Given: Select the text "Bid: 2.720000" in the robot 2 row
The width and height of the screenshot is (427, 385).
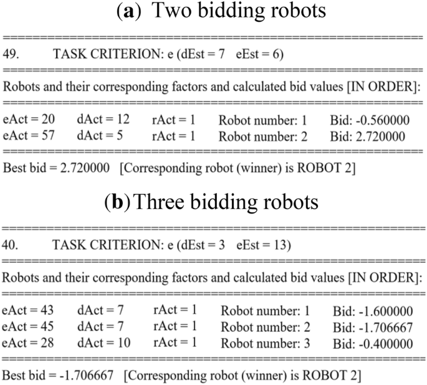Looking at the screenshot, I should [x=368, y=135].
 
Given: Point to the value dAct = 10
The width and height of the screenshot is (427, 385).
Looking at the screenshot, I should [x=100, y=342].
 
